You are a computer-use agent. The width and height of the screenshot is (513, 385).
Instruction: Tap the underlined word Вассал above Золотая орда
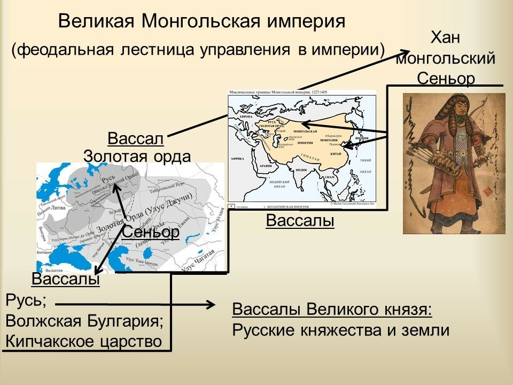coord(136,138)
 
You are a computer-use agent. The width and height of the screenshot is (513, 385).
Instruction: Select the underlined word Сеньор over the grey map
coord(150,232)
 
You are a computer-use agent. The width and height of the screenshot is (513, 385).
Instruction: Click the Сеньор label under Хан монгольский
coord(446,78)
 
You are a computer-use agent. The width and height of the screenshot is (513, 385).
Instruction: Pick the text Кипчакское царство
coord(83,341)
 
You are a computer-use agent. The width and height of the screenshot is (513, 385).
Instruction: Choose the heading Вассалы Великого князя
coord(332,310)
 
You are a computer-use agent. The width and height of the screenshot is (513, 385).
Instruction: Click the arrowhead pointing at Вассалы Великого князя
coord(210,305)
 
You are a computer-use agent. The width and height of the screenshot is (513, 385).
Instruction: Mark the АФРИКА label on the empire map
coord(237,159)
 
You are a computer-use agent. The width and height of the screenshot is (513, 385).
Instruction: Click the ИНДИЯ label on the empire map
coord(301,170)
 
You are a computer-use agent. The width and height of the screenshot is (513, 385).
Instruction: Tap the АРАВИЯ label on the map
coord(266,166)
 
